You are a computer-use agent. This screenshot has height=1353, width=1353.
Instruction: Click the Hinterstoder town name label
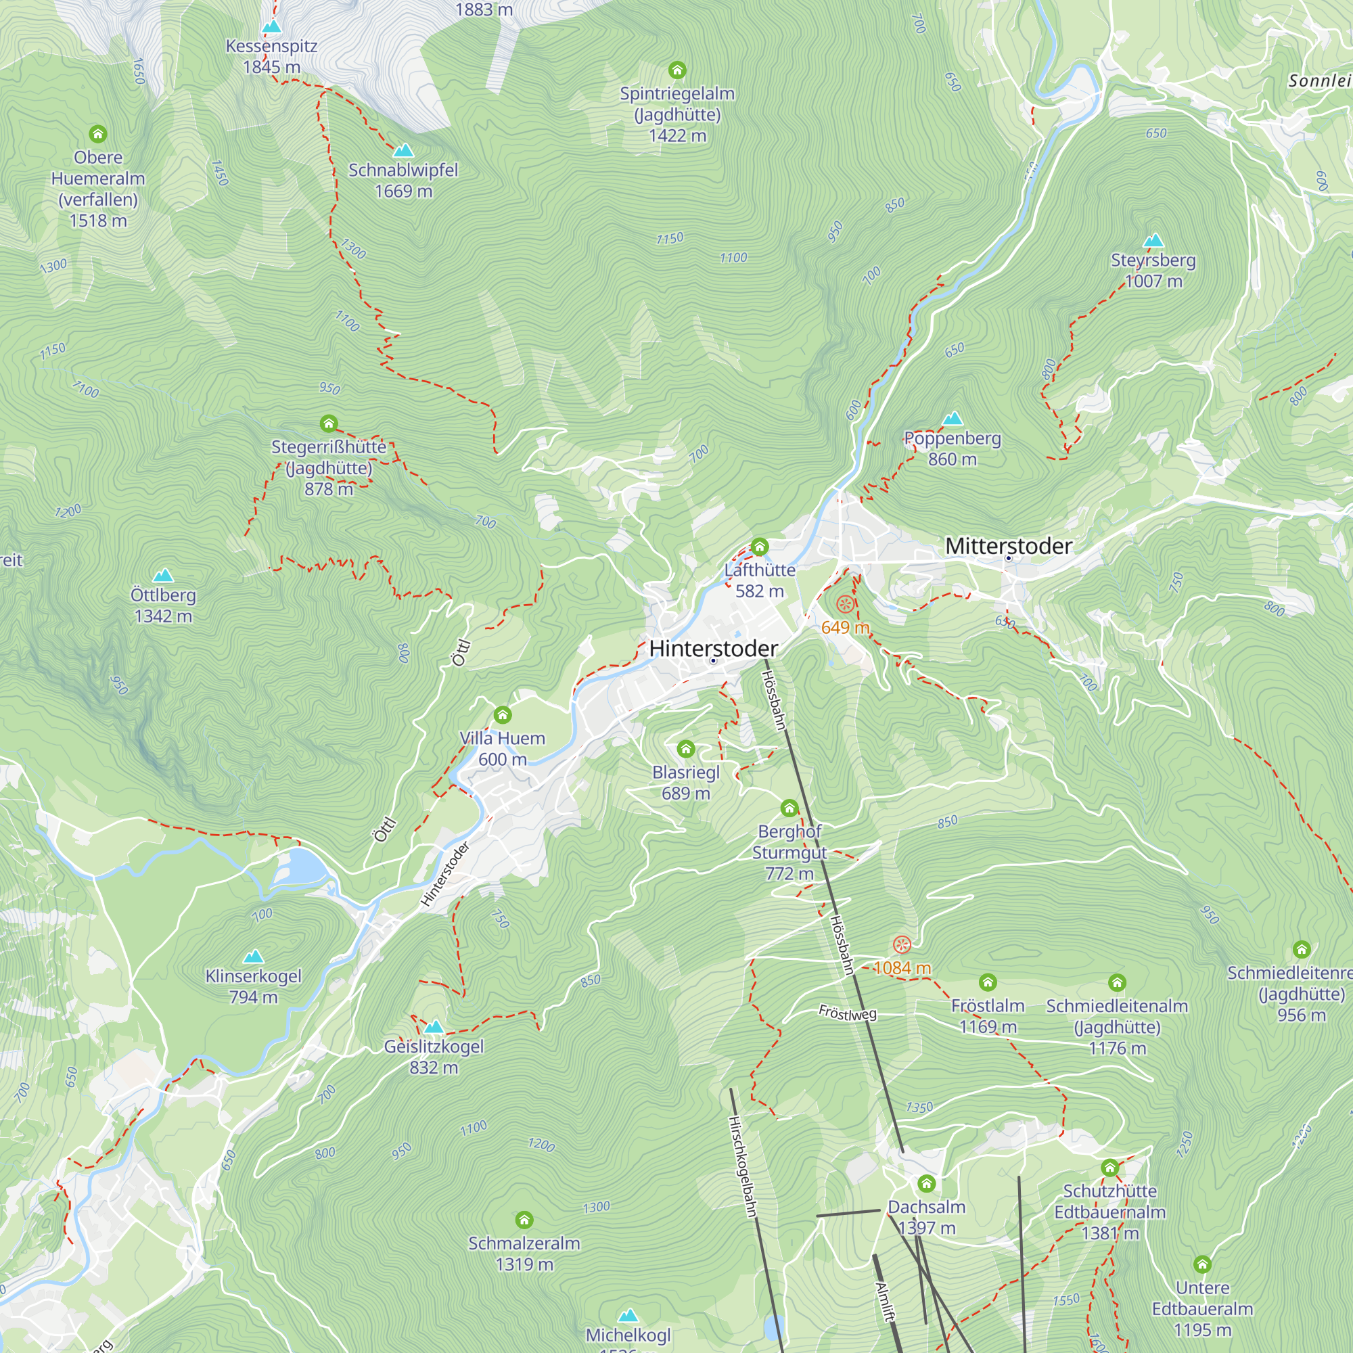pos(713,649)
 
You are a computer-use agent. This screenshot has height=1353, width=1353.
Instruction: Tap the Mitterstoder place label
pos(1009,546)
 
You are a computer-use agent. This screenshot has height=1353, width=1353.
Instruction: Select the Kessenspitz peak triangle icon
pos(272,26)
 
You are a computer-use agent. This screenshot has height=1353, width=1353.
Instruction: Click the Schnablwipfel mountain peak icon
pos(403,151)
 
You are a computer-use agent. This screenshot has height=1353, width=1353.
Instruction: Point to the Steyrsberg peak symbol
pos(1153,241)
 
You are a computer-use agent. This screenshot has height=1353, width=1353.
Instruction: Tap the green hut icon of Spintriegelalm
pos(676,70)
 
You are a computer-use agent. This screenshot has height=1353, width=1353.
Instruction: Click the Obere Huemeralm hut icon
pos(98,134)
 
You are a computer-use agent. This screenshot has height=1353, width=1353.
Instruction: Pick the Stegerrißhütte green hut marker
pos(329,423)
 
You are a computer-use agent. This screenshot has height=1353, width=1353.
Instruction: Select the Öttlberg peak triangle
pos(163,576)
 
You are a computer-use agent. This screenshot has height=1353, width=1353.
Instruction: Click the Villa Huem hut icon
pos(502,715)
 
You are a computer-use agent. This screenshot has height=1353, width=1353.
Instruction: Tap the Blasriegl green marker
pos(685,750)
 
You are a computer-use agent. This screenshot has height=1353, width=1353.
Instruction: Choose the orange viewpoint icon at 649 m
pos(845,604)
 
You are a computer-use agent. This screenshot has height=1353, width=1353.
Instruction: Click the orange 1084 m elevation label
pos(902,968)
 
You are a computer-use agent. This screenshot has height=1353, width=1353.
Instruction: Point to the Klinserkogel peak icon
pos(254,957)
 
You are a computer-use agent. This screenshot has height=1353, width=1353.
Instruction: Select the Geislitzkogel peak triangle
pos(434,1028)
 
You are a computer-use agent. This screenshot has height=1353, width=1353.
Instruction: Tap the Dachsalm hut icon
pos(927,1183)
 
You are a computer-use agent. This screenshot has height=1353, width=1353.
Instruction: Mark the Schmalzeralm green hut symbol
pos(524,1220)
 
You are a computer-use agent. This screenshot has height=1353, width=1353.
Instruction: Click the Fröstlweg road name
pos(848,1013)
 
